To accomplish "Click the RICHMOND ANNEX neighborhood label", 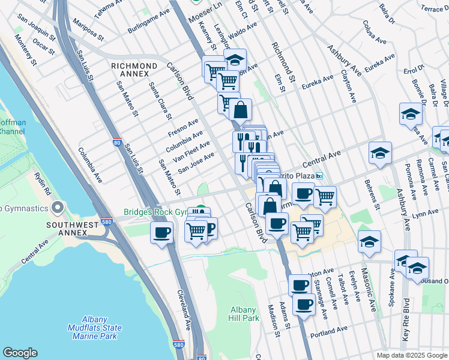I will tap(134, 69).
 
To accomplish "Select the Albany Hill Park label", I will tap(244, 313).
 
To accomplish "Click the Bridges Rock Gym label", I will tap(157, 212).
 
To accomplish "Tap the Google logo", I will tap(20, 353).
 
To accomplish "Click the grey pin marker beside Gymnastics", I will tap(58, 208).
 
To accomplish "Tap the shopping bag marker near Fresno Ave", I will tap(240, 110).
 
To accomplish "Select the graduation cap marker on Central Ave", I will tap(380, 154).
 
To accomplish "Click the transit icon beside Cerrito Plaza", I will tap(320, 176).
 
